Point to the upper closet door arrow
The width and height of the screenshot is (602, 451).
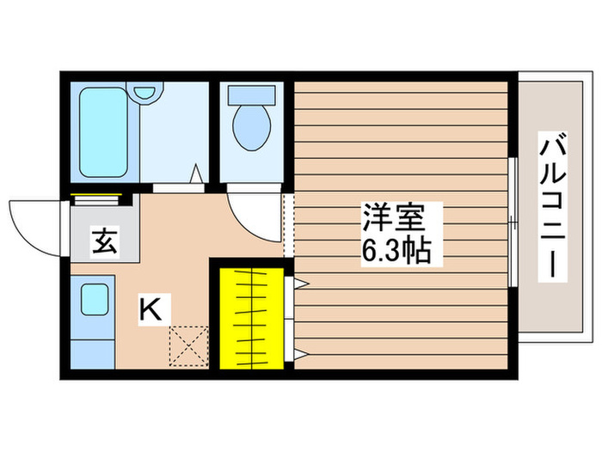[301, 283]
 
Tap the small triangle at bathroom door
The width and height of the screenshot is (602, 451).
[197, 174]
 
